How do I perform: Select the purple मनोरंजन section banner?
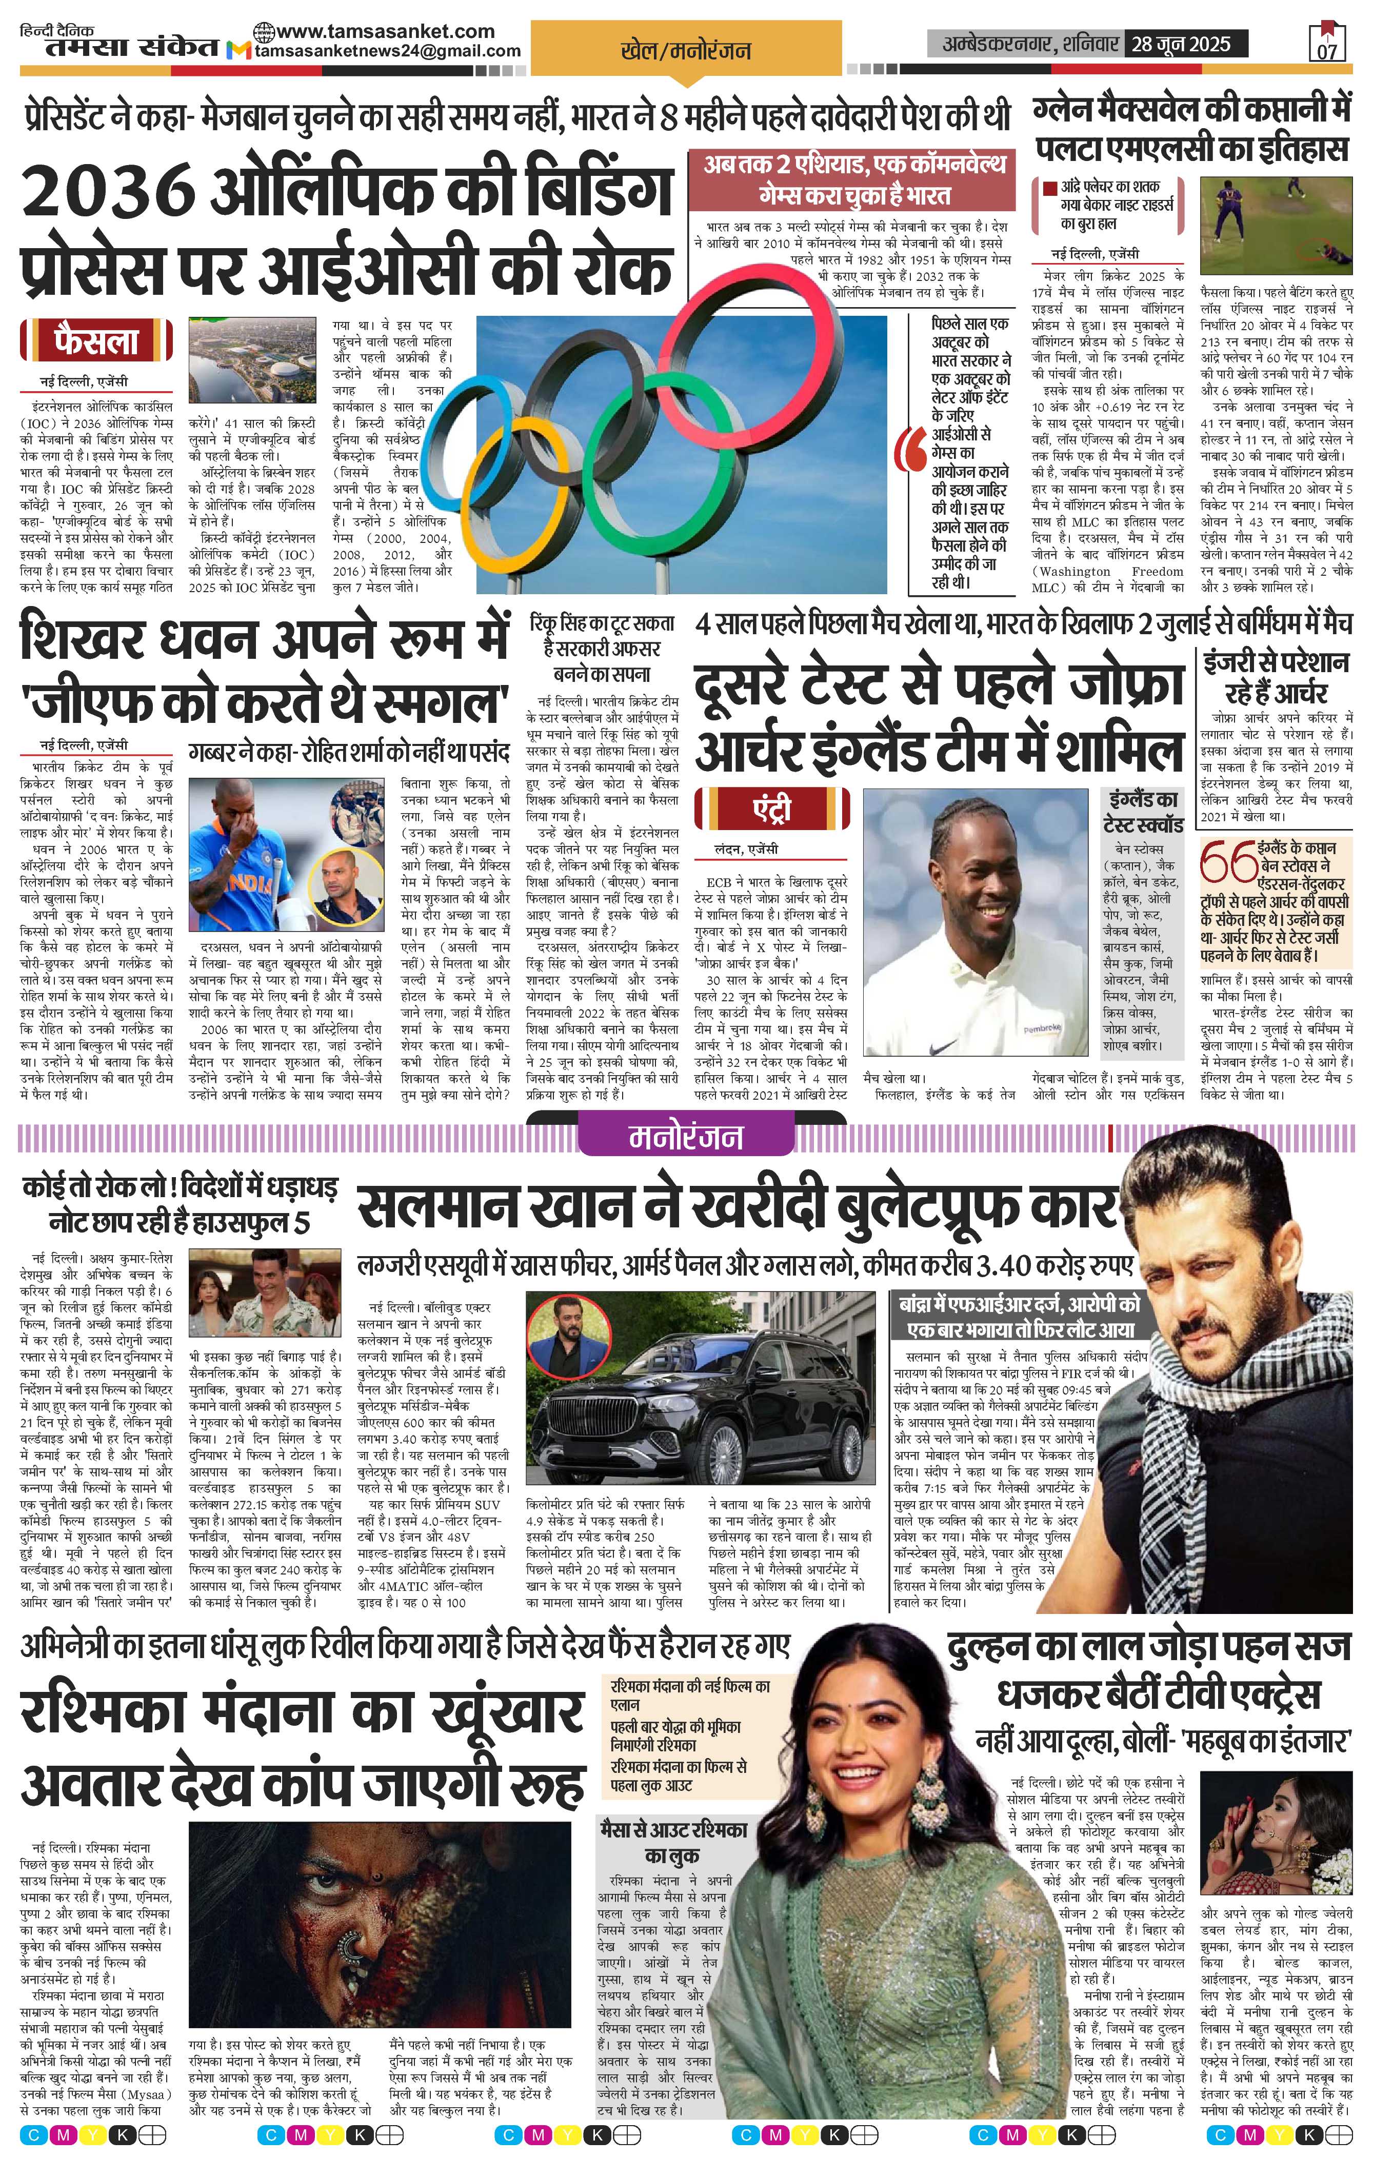click(x=686, y=1137)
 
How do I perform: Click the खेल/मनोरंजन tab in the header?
click(x=686, y=50)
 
